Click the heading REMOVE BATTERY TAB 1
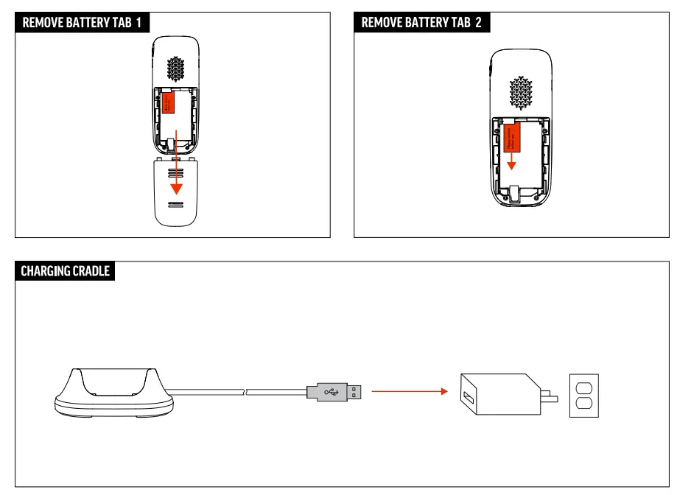83,23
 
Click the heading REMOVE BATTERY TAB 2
421,23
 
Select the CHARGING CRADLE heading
65,271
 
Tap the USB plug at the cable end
335,392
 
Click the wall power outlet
583,395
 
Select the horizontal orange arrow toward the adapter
410,392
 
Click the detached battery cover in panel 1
175,192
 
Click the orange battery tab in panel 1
169,104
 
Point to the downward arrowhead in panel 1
176,189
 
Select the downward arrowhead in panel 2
511,166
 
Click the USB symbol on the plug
329,392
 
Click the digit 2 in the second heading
478,23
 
